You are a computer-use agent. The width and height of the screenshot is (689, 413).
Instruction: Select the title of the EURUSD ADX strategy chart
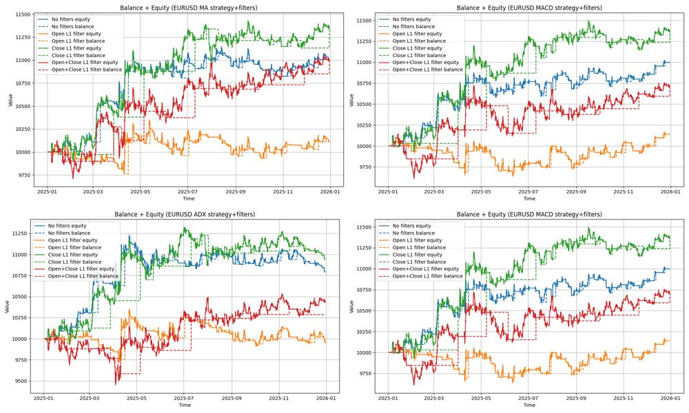[x=185, y=215]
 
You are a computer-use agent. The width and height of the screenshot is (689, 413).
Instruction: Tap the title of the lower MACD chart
[x=528, y=215]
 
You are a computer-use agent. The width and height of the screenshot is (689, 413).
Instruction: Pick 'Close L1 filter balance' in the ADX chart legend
[x=75, y=262]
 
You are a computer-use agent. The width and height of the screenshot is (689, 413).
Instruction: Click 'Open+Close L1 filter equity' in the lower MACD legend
[x=427, y=269]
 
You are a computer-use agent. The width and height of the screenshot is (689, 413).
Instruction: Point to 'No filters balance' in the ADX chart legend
[x=72, y=233]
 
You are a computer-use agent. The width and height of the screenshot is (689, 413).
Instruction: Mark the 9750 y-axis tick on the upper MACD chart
[x=364, y=167]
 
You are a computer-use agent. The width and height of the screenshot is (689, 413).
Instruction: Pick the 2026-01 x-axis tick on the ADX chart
[x=326, y=398]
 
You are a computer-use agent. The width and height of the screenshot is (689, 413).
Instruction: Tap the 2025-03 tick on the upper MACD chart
[x=434, y=192]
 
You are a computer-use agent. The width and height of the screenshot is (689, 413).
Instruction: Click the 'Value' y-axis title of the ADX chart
[x=6, y=306]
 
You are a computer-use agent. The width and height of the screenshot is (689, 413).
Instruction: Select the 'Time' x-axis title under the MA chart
[x=188, y=199]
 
